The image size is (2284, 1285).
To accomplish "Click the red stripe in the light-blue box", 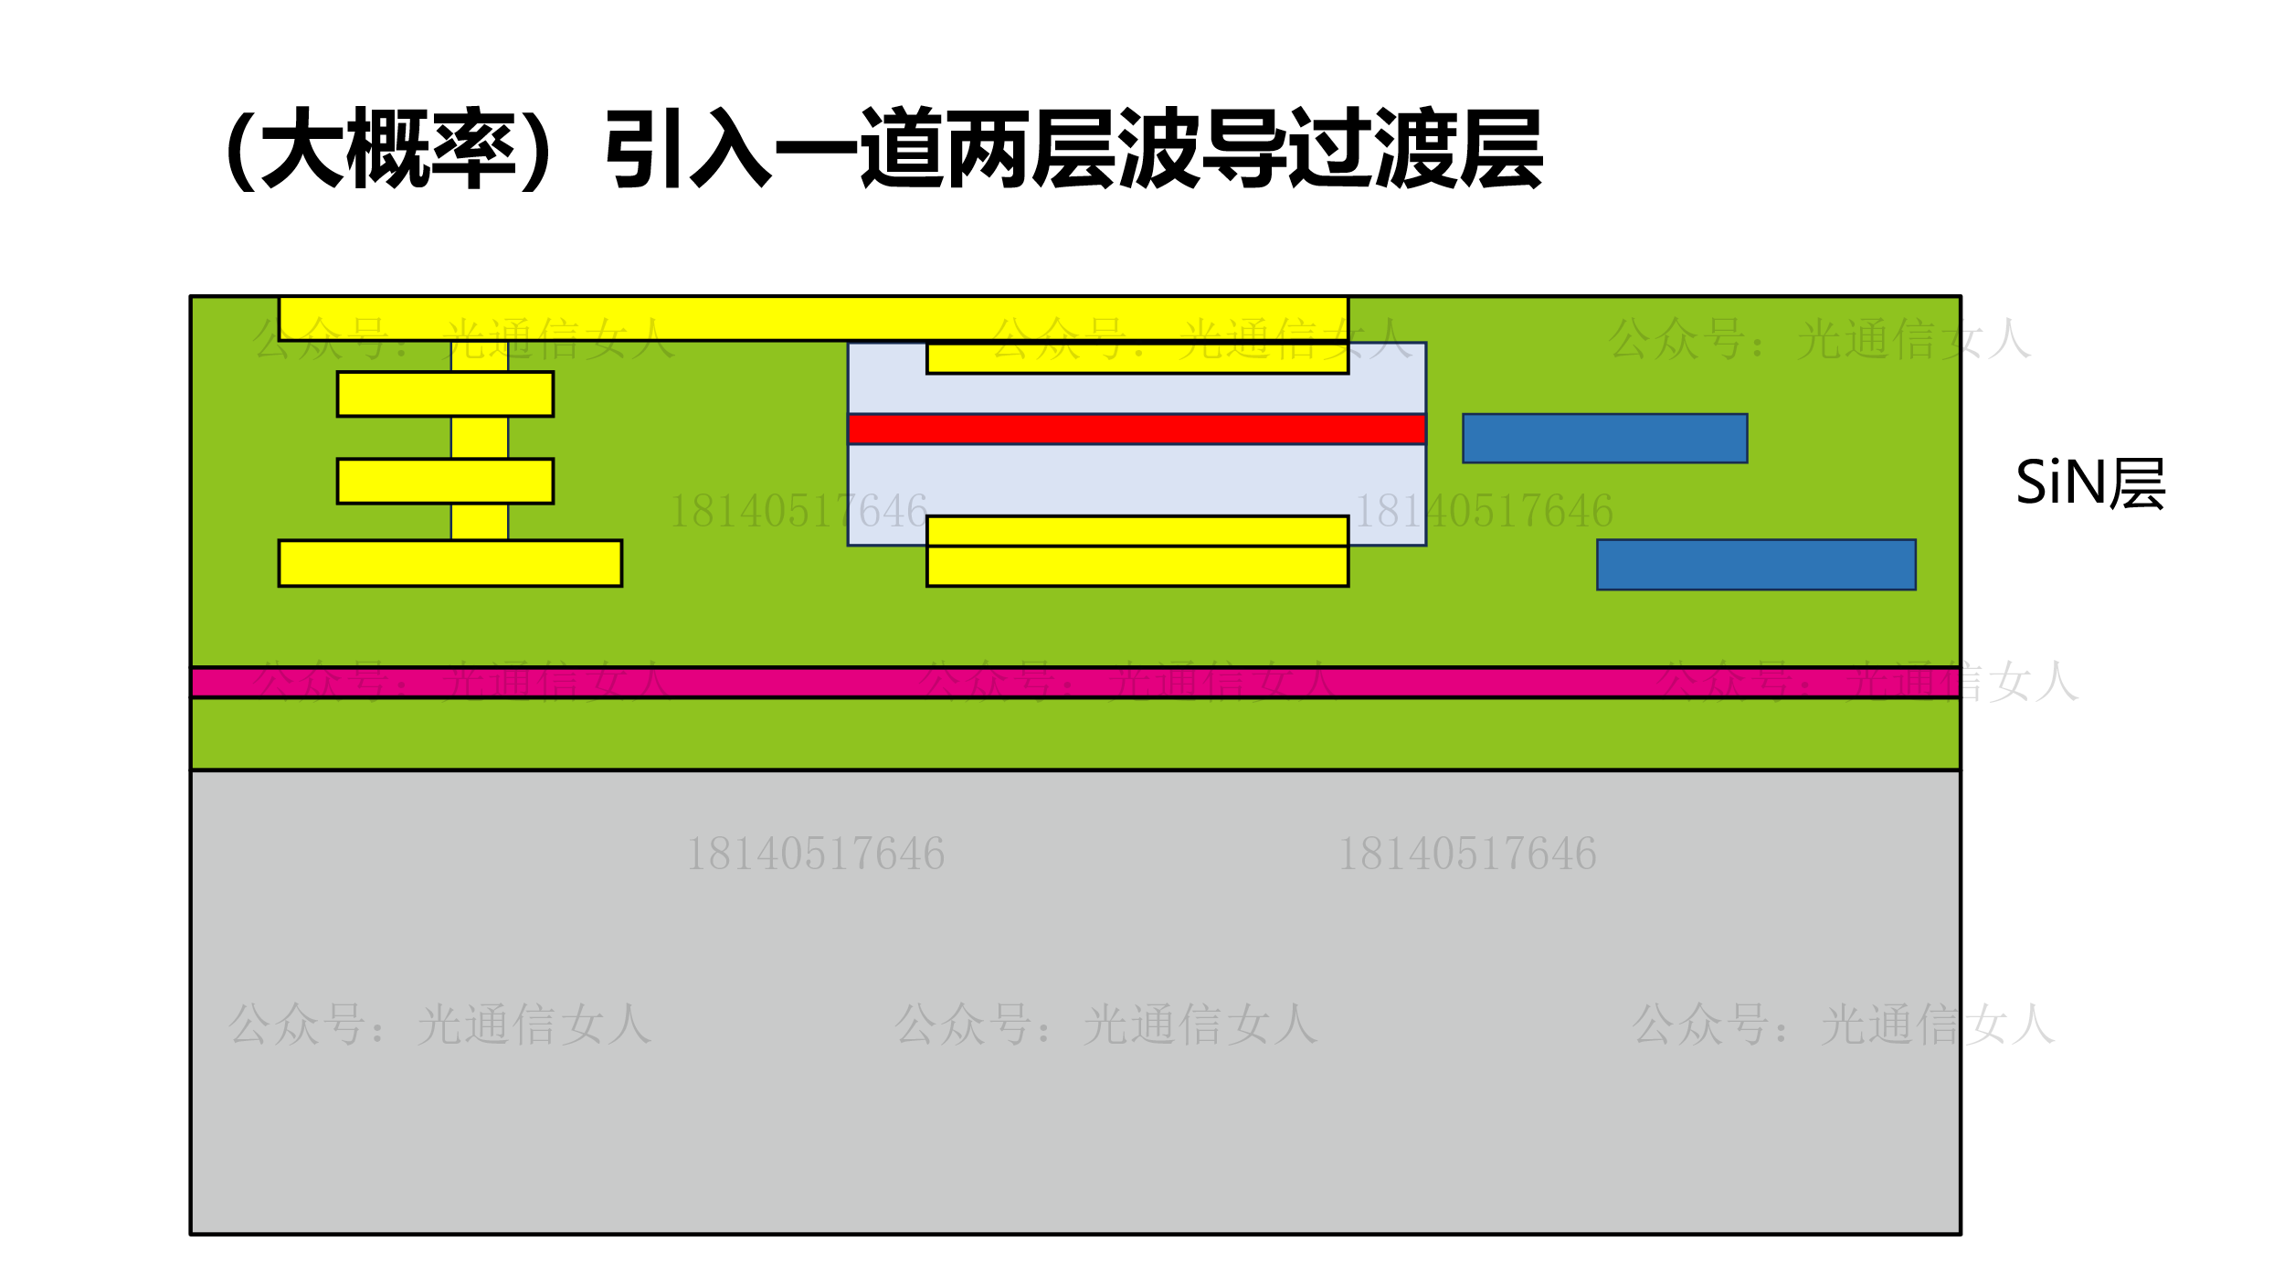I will [x=1137, y=429].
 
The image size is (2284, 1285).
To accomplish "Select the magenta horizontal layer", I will [x=1075, y=683].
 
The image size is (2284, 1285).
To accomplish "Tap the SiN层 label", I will [x=2089, y=483].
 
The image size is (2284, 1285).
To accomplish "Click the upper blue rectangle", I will [x=1604, y=439].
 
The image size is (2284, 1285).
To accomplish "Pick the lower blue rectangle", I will [x=1756, y=565].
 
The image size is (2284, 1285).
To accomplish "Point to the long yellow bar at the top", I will [x=813, y=318].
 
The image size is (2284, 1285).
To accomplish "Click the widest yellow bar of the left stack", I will [x=450, y=563].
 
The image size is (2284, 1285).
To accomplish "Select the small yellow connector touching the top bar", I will [x=480, y=356].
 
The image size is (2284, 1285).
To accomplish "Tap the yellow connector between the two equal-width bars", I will [x=480, y=438].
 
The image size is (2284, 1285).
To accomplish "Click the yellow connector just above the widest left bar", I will [x=480, y=522].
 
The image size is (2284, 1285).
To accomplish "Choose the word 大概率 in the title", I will [x=388, y=148].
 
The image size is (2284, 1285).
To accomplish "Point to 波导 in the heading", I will [x=1200, y=148].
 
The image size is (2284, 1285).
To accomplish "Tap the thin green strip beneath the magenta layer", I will [x=1075, y=734].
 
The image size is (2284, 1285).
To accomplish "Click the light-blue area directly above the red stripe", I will [x=1137, y=394].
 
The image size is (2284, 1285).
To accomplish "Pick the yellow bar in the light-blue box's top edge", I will [x=1137, y=358].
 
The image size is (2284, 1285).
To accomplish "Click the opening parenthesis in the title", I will [x=239, y=148].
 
